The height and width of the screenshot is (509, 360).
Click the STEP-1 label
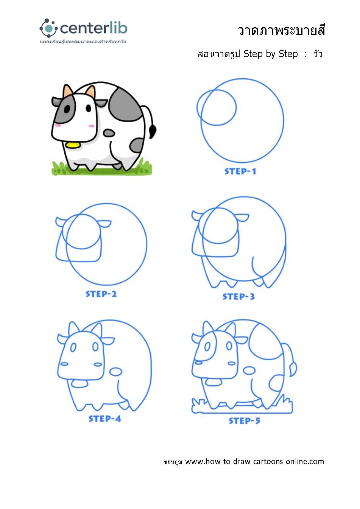(240, 171)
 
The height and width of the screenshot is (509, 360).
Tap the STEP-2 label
(101, 294)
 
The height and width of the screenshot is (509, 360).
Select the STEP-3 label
(238, 296)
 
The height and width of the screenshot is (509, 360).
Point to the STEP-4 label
(105, 419)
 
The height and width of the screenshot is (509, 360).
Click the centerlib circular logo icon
(48, 28)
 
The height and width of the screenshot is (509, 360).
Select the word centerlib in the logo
(94, 28)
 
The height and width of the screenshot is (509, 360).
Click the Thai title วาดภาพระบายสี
(281, 30)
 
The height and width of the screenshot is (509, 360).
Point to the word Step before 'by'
(253, 54)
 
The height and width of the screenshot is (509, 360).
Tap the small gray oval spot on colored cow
(109, 133)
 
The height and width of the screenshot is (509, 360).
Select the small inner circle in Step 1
(217, 107)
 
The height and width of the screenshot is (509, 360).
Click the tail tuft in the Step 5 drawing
(293, 369)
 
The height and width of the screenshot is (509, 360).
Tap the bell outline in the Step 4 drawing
(79, 384)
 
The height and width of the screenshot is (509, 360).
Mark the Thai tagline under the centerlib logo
(83, 42)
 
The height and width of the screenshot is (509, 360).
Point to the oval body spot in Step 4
(116, 372)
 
